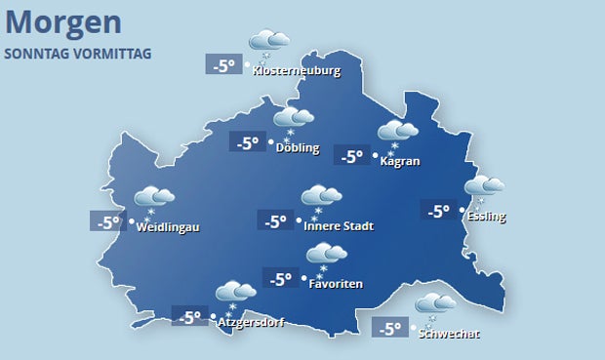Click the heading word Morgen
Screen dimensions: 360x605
click(x=63, y=21)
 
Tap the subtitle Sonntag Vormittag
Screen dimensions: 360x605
click(x=78, y=53)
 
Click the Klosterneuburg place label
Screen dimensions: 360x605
click(x=296, y=70)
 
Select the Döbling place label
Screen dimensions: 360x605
click(x=298, y=148)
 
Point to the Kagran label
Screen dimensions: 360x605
click(x=400, y=161)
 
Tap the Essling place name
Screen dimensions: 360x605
click(x=487, y=216)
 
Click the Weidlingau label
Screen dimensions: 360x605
click(x=168, y=227)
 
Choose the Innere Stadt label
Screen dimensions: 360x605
click(x=339, y=226)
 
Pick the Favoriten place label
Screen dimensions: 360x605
click(x=336, y=284)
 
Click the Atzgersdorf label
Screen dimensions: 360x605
click(x=250, y=321)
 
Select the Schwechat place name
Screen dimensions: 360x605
click(x=449, y=334)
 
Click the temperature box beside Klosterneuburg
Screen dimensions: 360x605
click(x=223, y=65)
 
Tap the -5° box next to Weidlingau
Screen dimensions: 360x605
click(x=107, y=221)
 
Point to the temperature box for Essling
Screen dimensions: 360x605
click(x=437, y=209)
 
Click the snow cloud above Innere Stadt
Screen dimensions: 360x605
click(x=321, y=197)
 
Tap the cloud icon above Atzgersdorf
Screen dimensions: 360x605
click(x=234, y=293)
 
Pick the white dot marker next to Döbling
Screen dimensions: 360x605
click(x=268, y=147)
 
